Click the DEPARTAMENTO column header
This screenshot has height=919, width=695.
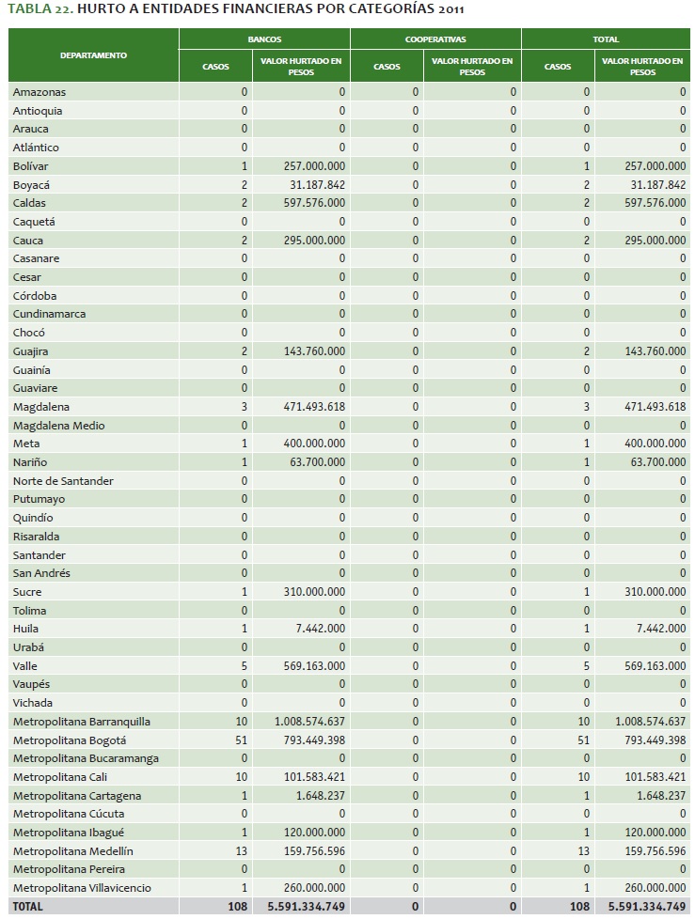[93, 55]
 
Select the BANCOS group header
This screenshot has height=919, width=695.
[264, 40]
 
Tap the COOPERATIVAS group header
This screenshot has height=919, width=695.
[435, 40]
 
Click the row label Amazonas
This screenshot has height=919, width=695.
[39, 92]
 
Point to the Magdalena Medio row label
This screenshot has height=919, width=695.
[59, 426]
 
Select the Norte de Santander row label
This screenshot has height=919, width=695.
[64, 481]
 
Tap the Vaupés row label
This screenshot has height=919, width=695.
[32, 684]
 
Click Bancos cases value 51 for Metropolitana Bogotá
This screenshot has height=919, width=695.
[241, 740]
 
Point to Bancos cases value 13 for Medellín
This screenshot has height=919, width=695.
[241, 850]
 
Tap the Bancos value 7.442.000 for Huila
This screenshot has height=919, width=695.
[321, 629]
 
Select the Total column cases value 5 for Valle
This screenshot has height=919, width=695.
[587, 666]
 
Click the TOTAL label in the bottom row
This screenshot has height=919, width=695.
[28, 907]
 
